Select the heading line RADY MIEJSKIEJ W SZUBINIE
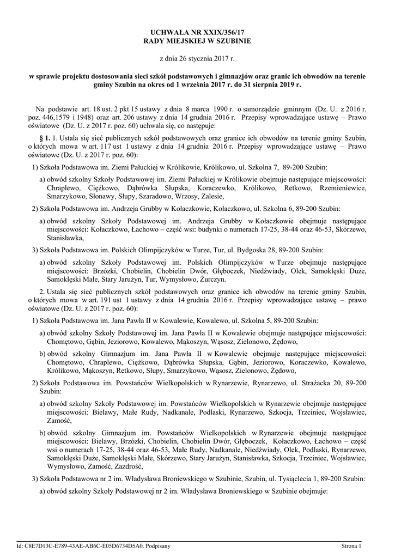point(197,41)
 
